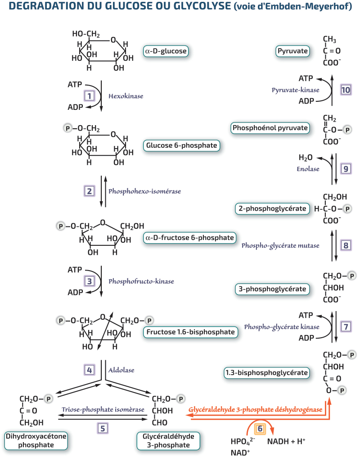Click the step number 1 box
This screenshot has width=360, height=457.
click(x=90, y=96)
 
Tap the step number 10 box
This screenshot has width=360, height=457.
click(x=345, y=89)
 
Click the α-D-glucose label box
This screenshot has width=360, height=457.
click(x=166, y=51)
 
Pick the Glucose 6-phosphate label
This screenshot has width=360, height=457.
click(x=182, y=145)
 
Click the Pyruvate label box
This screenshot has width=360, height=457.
click(x=293, y=51)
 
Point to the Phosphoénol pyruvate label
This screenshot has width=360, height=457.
click(x=270, y=128)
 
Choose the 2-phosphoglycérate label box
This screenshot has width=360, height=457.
click(x=273, y=208)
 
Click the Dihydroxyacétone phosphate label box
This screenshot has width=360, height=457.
click(x=36, y=440)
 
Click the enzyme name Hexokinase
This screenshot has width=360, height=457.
click(x=126, y=96)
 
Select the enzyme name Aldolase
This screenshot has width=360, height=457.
click(x=121, y=370)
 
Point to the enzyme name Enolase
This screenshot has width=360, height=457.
click(x=308, y=169)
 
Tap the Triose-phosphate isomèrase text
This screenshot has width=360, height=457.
click(x=103, y=410)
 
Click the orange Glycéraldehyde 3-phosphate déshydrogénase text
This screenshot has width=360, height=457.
click(x=256, y=410)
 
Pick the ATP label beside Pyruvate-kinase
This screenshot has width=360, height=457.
click(x=306, y=78)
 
